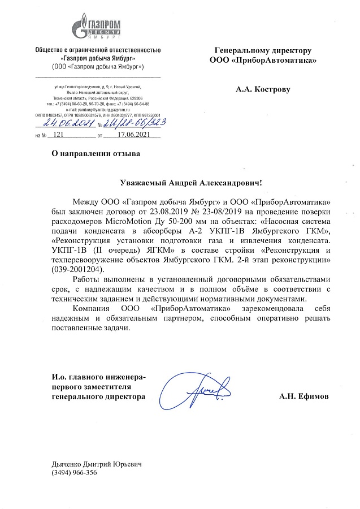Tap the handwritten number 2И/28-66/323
[131, 123]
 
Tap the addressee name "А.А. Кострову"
[265, 89]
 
